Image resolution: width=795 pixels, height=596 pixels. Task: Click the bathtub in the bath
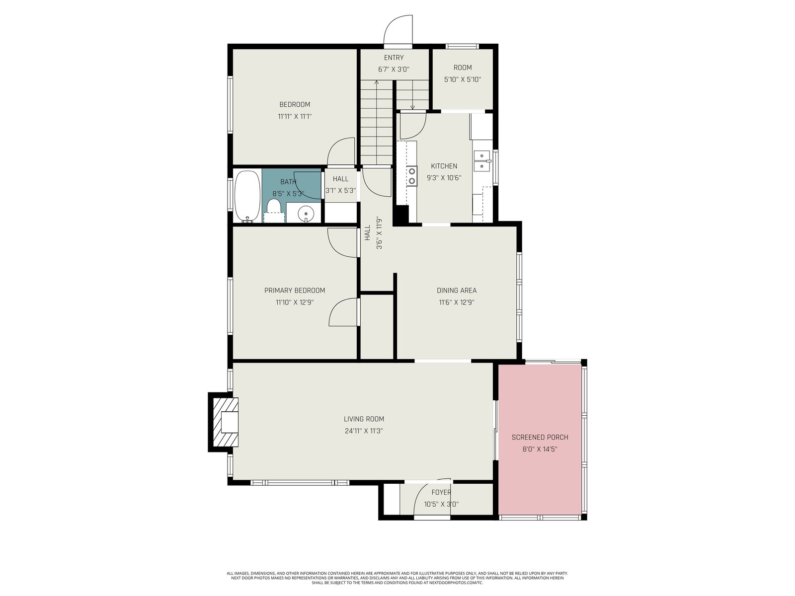coord(247,196)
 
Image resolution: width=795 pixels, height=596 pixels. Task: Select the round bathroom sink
coord(306,214)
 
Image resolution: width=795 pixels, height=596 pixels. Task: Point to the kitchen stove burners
coord(412,176)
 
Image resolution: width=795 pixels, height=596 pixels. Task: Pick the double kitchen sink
coord(481,161)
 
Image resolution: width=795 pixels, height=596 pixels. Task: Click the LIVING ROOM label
coord(364,419)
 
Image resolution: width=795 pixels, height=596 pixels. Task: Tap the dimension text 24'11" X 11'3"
coord(364,431)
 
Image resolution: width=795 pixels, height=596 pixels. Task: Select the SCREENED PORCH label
coord(540,437)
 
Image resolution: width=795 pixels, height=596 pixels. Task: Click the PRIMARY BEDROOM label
coord(295,290)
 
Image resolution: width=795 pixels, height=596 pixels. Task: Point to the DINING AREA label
coord(456,290)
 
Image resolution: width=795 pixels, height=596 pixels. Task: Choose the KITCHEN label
coord(444,166)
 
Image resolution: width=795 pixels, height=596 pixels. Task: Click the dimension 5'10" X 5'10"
coord(463,79)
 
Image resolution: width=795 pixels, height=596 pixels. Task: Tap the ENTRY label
coord(394,58)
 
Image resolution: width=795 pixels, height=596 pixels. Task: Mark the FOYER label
coord(441,492)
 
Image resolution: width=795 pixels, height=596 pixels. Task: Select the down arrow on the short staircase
coord(412,95)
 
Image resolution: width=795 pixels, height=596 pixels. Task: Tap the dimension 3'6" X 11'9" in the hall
coord(379,232)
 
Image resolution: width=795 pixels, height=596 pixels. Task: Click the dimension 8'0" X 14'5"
coord(540,449)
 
